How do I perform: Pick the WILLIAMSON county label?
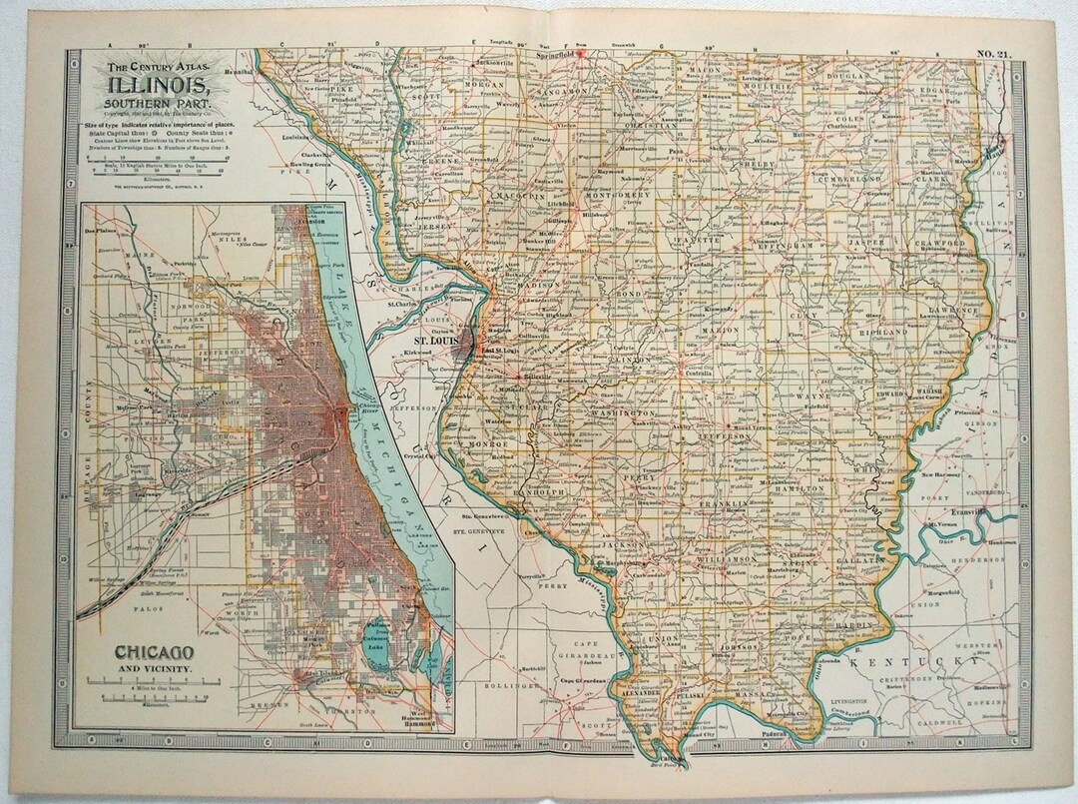click(x=710, y=562)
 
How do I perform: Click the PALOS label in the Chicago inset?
click(x=119, y=605)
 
